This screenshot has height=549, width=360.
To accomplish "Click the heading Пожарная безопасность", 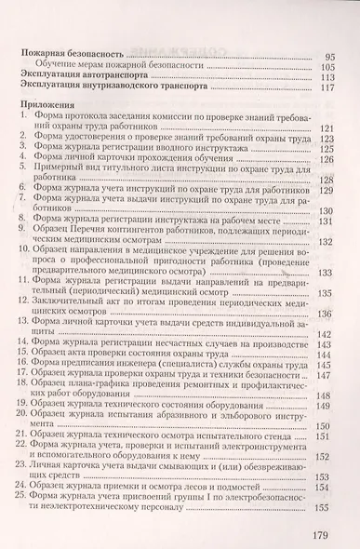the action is click(76, 56).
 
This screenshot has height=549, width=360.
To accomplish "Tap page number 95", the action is click(327, 56).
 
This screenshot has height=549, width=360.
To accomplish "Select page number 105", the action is click(326, 67).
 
